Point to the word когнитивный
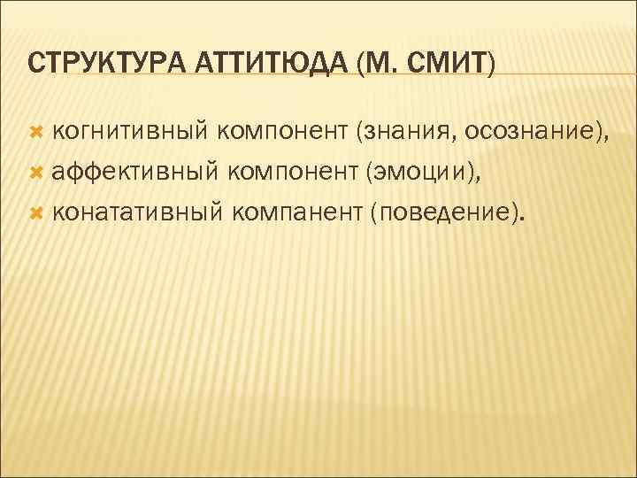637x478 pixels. click(x=129, y=133)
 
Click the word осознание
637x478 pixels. click(x=523, y=133)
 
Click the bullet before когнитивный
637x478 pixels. click(x=36, y=133)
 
